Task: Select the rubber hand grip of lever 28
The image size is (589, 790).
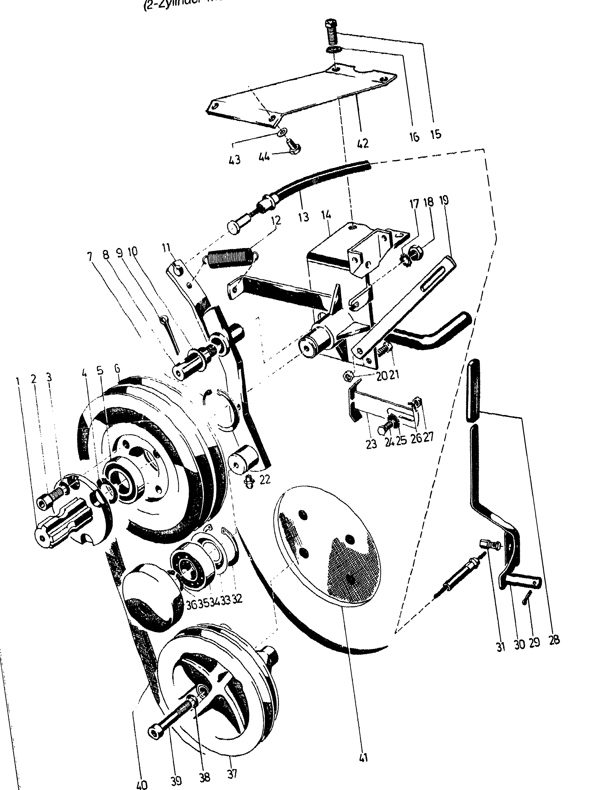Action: pyautogui.click(x=473, y=390)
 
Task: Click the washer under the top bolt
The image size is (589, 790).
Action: pyautogui.click(x=333, y=49)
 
